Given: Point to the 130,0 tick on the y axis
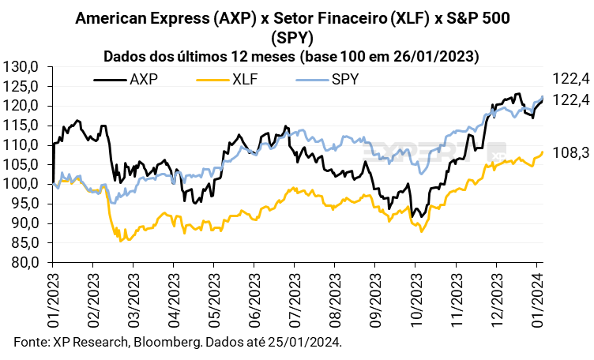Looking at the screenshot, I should pos(22,66).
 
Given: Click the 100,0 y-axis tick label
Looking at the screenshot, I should pos(22,184).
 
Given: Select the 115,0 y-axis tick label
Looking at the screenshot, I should pos(22,126).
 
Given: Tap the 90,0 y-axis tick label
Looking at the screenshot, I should pos(24,223).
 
